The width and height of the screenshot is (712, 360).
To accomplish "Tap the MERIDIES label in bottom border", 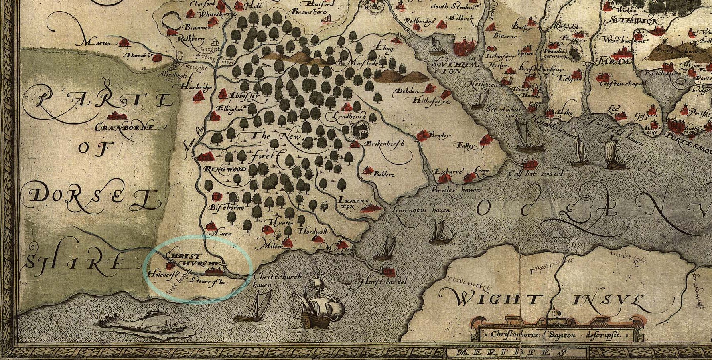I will pos(507,353).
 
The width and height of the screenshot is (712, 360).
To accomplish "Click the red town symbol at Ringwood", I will pos(205,156).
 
